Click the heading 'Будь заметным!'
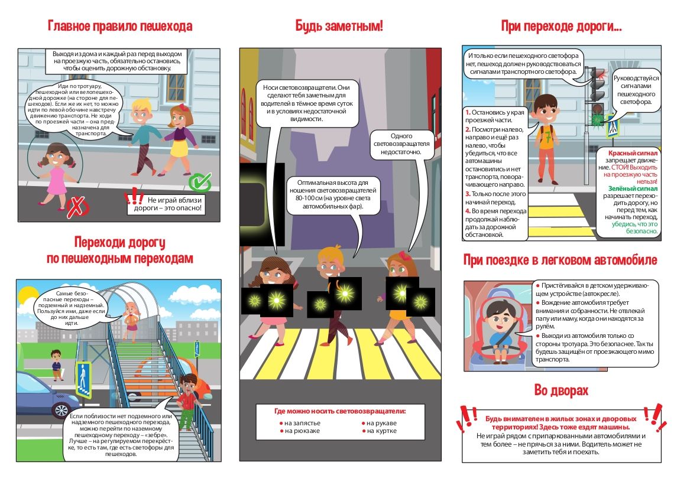click(339, 26)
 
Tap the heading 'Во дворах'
click(561, 390)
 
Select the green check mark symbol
click(200, 182)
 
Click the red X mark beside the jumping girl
click(76, 207)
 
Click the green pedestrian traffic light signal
click(598, 118)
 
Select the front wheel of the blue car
click(60, 409)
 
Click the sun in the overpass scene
click(27, 297)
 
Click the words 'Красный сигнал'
click(633, 153)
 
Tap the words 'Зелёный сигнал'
click(633, 188)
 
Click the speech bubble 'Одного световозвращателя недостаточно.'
click(401, 145)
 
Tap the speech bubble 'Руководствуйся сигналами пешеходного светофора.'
click(636, 90)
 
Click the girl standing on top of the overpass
click(131, 321)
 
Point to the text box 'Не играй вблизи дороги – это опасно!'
click(168, 204)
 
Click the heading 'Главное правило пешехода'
click(119, 26)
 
